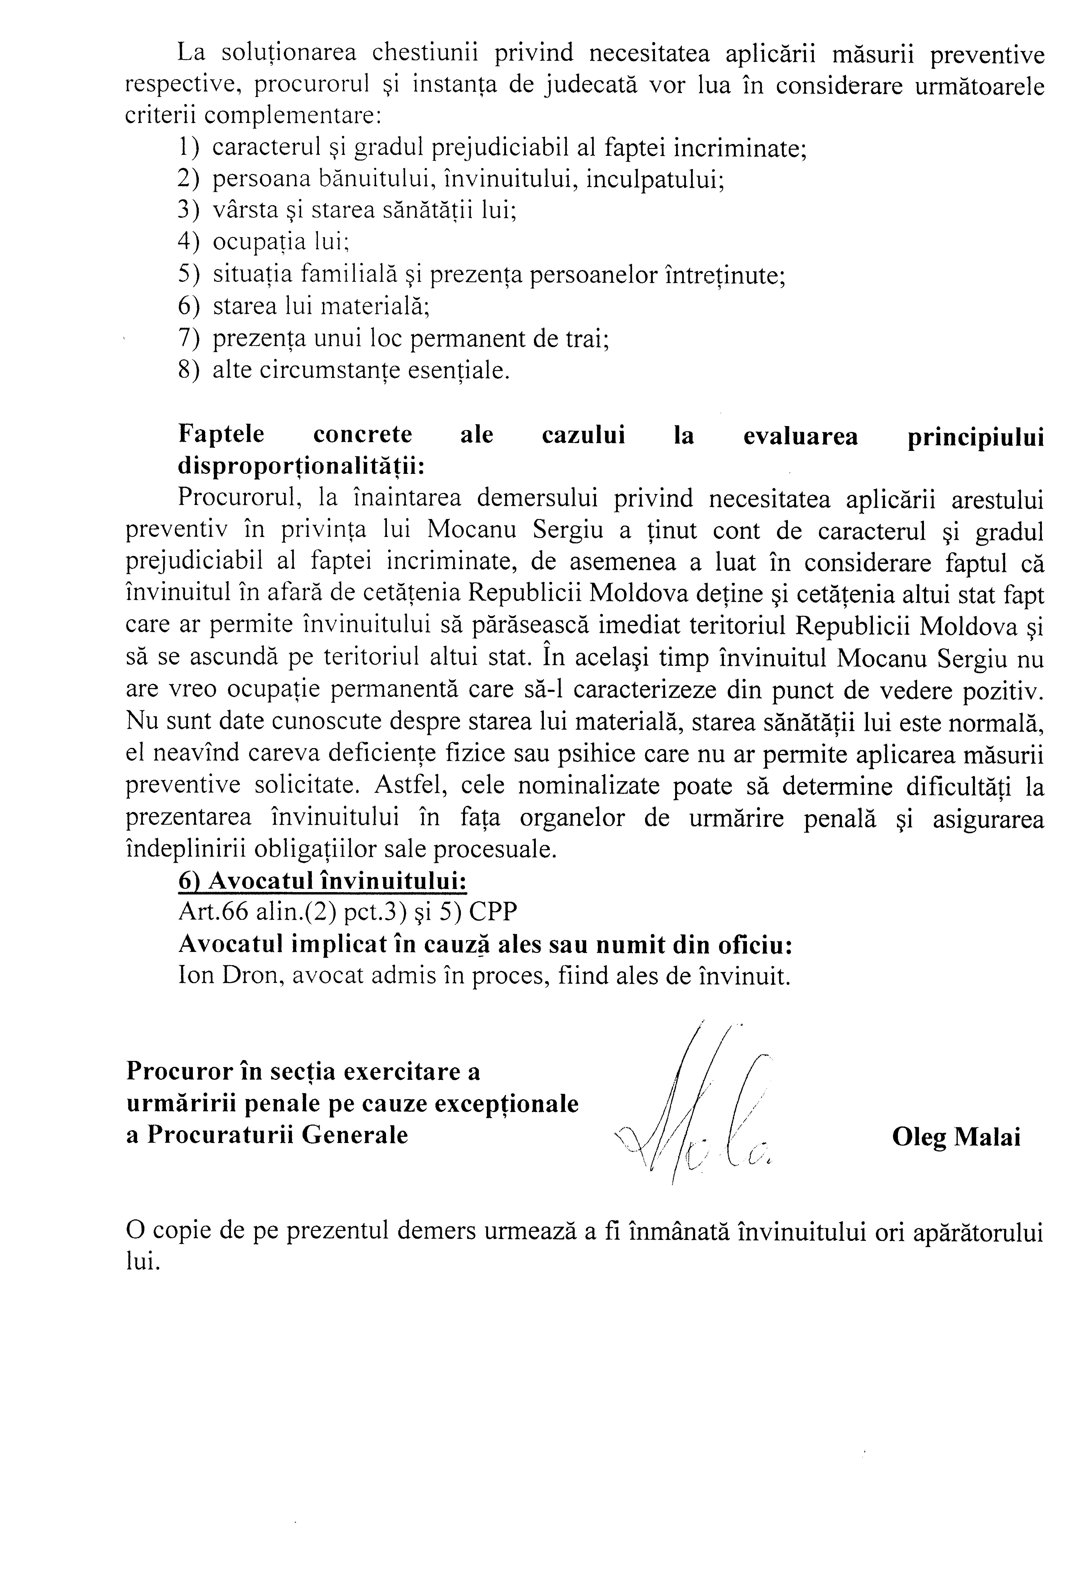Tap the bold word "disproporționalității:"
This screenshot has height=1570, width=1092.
point(301,466)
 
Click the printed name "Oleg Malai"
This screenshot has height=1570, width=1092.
point(955,1136)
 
